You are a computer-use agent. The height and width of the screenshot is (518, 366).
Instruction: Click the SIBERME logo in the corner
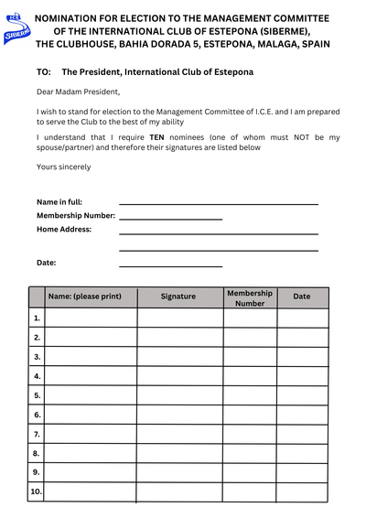16,30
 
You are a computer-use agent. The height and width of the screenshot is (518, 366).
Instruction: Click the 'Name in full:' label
59,201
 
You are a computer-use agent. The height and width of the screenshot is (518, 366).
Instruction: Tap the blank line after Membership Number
170,219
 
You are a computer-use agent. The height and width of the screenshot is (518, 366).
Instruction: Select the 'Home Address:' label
64,229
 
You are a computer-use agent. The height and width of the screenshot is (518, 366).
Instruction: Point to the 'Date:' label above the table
47,263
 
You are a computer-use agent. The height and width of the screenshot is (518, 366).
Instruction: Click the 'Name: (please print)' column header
91,297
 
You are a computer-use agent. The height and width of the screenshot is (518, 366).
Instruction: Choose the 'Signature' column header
178,297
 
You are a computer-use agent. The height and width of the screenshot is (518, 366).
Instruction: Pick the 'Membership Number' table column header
250,297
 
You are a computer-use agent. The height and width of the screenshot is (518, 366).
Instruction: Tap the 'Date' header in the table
302,297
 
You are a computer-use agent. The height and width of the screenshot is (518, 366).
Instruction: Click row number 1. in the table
37,318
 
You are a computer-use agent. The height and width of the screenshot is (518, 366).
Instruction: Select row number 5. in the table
37,395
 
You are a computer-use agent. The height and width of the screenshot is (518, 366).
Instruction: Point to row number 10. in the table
36,491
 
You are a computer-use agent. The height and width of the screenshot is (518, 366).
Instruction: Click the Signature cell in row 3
179,356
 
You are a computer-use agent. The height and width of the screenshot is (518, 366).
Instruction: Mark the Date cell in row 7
302,434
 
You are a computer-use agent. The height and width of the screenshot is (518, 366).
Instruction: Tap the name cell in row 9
91,472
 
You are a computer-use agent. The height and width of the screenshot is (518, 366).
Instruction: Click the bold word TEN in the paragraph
156,137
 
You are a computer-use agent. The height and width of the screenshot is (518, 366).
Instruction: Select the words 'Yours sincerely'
63,167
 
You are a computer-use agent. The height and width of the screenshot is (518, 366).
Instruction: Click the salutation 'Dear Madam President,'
78,92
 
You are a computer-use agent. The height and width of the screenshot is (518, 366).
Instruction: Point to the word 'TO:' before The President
44,71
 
